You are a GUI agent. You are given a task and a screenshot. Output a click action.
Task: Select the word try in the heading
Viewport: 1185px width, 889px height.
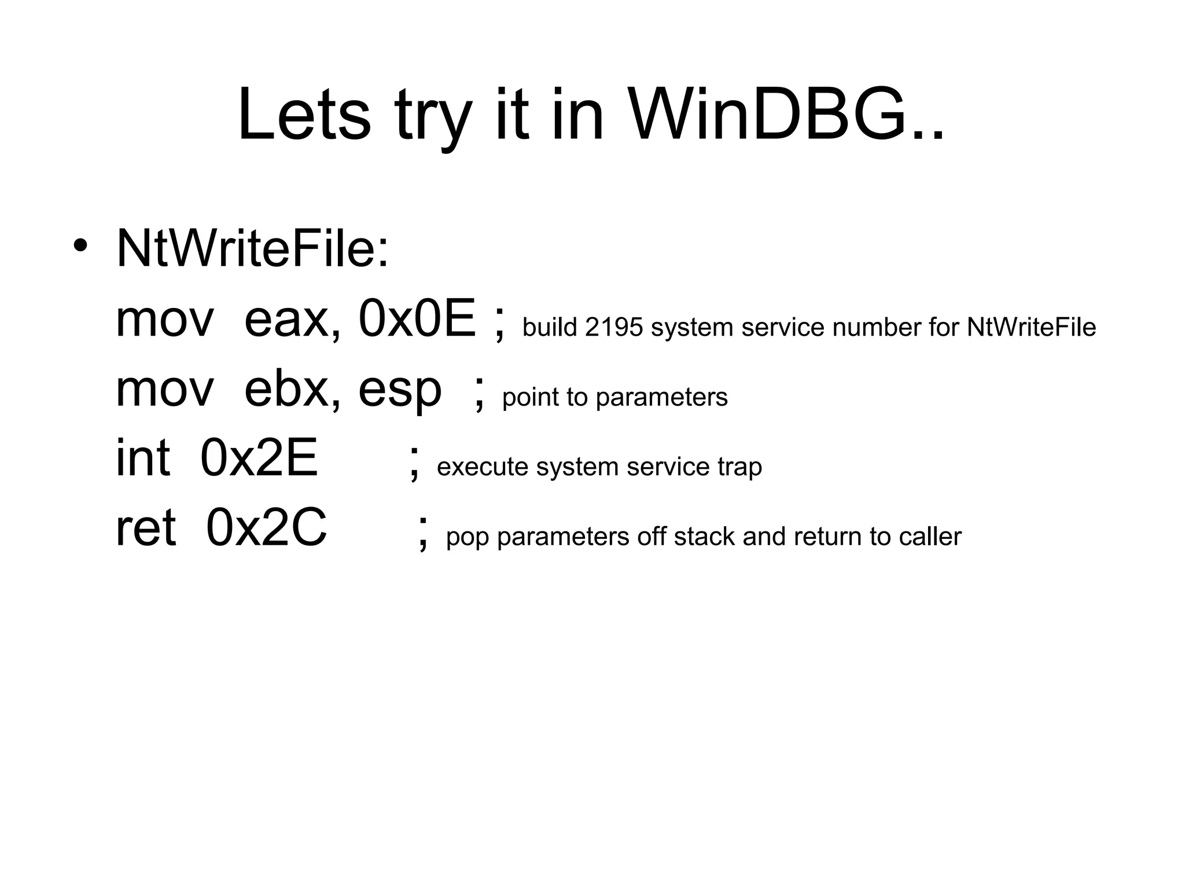(x=433, y=119)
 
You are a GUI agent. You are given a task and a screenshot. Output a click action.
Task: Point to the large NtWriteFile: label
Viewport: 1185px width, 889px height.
(x=253, y=249)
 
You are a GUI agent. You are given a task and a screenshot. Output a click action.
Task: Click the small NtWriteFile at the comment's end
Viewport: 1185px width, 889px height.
(x=1031, y=328)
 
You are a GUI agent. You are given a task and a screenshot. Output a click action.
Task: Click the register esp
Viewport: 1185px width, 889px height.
(x=399, y=391)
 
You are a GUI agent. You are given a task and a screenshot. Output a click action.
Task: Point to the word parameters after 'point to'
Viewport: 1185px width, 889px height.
(x=661, y=398)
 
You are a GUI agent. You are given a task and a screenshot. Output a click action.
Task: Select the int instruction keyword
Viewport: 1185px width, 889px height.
(x=143, y=458)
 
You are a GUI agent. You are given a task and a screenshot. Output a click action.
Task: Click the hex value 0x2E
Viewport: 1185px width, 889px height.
(x=259, y=458)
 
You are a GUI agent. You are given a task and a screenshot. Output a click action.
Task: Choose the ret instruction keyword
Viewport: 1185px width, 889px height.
(x=145, y=528)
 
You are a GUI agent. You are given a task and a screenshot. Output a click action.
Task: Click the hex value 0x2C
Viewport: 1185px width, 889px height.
(x=266, y=528)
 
